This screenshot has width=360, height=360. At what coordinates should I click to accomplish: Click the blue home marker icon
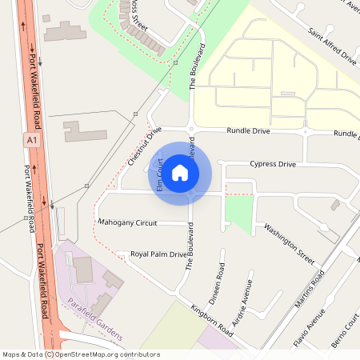coord(180,172)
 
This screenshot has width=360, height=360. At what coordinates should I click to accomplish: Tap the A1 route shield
coord(31,139)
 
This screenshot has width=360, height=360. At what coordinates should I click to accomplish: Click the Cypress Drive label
coord(273,164)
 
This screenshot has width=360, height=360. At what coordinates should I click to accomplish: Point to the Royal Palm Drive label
coord(158,255)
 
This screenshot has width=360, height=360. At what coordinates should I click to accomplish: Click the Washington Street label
coord(289,243)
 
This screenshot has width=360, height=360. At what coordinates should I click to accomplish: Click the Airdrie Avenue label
coord(242,303)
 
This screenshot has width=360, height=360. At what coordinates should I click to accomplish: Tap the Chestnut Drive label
coord(144,146)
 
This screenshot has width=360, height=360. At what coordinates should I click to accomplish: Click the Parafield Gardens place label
coord(95,314)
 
